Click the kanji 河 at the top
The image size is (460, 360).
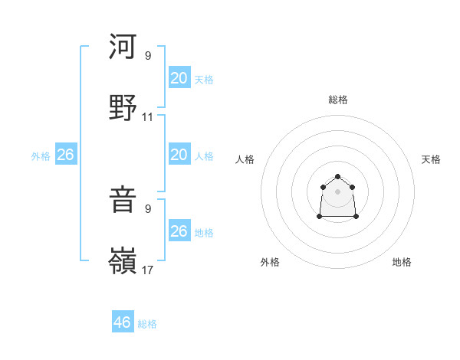[123, 47]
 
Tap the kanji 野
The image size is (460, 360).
[123, 109]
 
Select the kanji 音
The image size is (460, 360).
[123, 201]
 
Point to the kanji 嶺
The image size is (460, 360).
[123, 262]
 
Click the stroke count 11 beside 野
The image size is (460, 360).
[148, 117]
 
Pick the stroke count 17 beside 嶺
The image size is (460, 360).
[148, 270]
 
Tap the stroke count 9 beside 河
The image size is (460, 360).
[148, 56]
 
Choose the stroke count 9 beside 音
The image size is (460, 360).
[148, 208]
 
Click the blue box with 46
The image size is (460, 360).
[123, 322]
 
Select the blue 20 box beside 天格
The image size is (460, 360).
[179, 78]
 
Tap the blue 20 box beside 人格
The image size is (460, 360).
[179, 155]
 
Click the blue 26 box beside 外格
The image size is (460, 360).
[65, 155]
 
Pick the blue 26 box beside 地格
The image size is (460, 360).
[179, 231]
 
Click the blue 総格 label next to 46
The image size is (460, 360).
[147, 324]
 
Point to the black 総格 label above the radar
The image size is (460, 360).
[338, 100]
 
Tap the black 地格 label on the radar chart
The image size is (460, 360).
[402, 262]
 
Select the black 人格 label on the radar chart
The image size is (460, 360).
[245, 159]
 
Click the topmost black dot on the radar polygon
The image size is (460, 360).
[337, 177]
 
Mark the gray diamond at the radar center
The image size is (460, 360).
[337, 190]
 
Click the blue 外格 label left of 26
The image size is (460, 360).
[41, 156]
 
